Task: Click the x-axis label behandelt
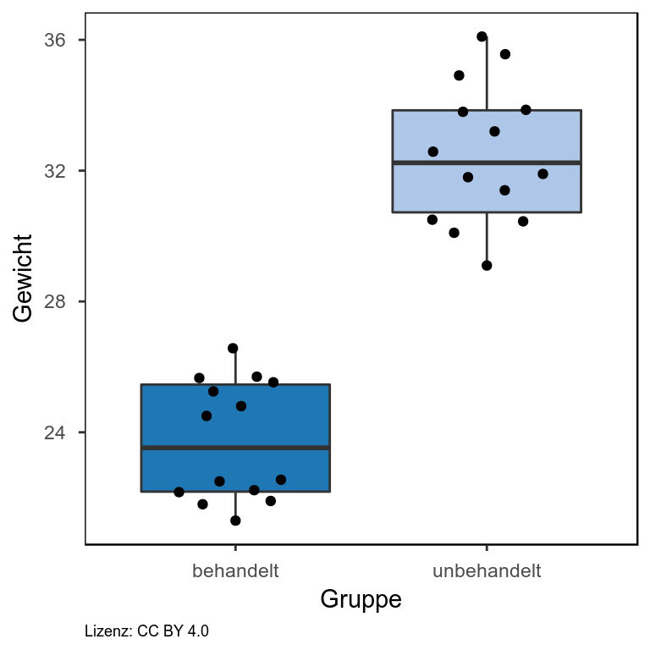point(235,570)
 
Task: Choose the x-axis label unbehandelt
point(487,570)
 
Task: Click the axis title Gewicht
point(24,278)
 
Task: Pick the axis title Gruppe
point(361,600)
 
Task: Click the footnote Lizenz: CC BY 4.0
point(147,631)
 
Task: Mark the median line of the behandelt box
point(235,448)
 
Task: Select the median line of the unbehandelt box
point(487,162)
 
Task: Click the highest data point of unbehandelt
point(482,36)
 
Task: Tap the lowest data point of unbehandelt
point(487,266)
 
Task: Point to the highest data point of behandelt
point(233,348)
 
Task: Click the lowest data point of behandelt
point(235,521)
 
